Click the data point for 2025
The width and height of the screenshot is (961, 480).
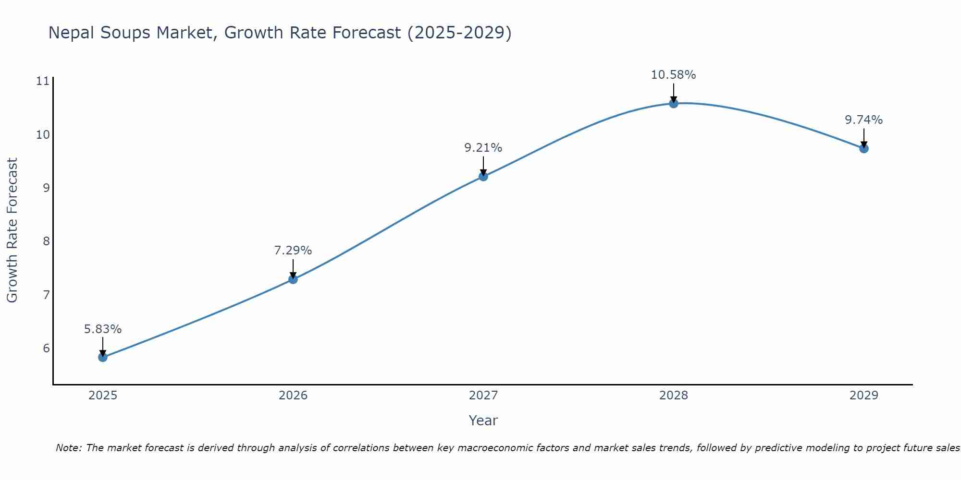(x=103, y=357)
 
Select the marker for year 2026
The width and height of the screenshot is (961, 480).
(x=293, y=279)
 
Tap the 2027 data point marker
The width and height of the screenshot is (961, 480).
(x=483, y=176)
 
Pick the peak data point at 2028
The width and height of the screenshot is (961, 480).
(x=674, y=103)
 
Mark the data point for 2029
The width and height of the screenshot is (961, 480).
(x=864, y=148)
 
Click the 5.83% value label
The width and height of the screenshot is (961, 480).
(x=103, y=329)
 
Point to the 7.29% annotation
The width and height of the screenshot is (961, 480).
(x=293, y=251)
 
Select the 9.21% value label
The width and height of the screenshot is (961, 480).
(x=483, y=148)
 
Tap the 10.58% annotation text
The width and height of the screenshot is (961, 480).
(x=673, y=75)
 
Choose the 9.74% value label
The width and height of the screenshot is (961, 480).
(x=864, y=120)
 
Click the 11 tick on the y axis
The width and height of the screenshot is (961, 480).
(x=43, y=81)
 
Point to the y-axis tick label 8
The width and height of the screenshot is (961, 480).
(x=47, y=241)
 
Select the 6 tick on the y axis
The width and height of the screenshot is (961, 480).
(x=47, y=348)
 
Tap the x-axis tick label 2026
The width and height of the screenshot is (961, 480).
(x=293, y=396)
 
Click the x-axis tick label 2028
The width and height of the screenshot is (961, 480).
(x=674, y=396)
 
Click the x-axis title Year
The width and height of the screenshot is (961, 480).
(x=483, y=420)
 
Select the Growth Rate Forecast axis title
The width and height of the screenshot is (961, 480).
(x=12, y=230)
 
